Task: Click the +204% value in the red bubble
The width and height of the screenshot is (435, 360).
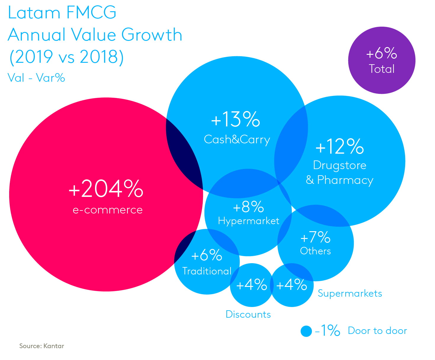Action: (106, 189)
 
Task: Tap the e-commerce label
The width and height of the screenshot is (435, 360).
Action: (108, 210)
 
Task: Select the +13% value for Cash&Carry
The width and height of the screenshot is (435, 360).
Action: (236, 119)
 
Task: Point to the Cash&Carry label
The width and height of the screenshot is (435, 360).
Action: (237, 139)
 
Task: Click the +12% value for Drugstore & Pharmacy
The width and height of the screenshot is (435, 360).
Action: (340, 146)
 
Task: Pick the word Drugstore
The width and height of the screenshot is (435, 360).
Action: (340, 165)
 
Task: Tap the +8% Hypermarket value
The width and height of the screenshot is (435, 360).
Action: (248, 207)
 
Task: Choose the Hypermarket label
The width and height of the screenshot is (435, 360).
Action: (249, 221)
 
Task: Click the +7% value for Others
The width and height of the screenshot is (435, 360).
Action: (315, 237)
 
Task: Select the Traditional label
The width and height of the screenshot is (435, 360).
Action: (207, 271)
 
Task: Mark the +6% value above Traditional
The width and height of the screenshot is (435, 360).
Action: (207, 255)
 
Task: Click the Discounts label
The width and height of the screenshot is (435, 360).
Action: (248, 314)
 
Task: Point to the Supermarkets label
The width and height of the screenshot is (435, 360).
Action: (350, 293)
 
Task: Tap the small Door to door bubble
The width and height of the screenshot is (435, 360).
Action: (306, 331)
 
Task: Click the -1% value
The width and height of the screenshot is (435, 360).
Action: (328, 330)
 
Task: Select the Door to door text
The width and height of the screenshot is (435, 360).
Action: (377, 331)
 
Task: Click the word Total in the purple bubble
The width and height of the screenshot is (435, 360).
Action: (382, 69)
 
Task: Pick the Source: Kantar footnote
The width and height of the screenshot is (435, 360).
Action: (42, 346)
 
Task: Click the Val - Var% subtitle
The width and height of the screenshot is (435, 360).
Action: (36, 78)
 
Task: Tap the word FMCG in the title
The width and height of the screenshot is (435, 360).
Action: (91, 13)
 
